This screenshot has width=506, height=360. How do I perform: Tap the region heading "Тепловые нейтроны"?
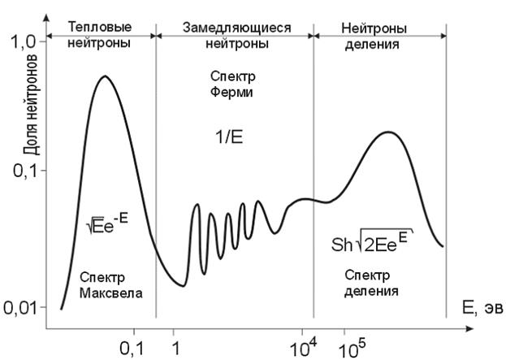coord(100,34)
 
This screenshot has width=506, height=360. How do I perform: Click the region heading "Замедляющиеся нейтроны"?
coord(234,34)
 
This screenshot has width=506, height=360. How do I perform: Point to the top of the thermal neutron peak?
coord(104,76)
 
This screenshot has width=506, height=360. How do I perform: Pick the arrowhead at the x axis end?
coord(469,329)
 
